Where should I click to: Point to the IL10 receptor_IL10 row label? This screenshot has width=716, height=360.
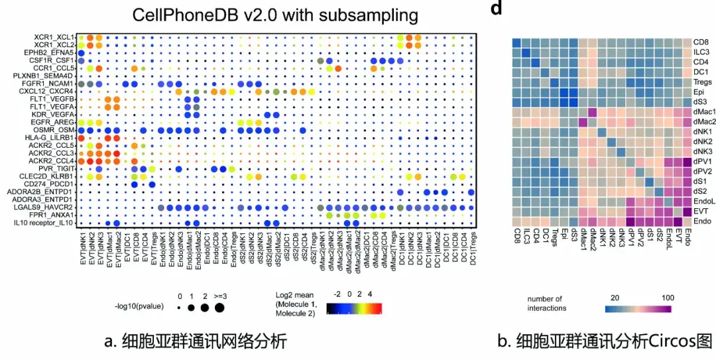tap(47, 223)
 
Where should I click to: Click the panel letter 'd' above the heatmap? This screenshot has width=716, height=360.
tap(495, 9)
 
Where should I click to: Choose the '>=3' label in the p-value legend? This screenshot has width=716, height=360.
tap(219, 295)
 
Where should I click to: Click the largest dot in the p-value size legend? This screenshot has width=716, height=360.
tap(219, 308)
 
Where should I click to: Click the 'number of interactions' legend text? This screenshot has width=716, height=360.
tap(546, 303)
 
